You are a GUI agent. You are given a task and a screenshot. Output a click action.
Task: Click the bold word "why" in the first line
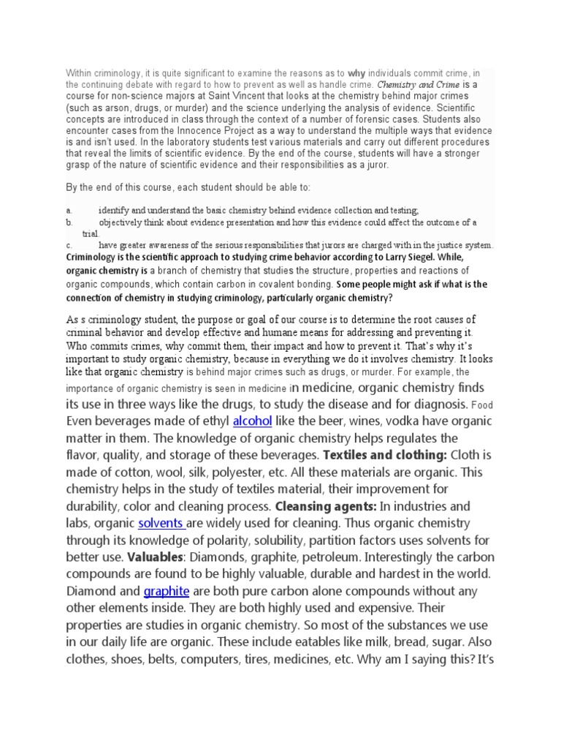pos(356,73)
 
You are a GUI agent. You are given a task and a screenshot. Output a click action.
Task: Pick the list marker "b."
pos(69,222)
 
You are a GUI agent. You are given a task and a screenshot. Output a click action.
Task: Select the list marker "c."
pos(69,246)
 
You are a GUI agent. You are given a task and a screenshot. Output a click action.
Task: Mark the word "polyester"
pos(251,473)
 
